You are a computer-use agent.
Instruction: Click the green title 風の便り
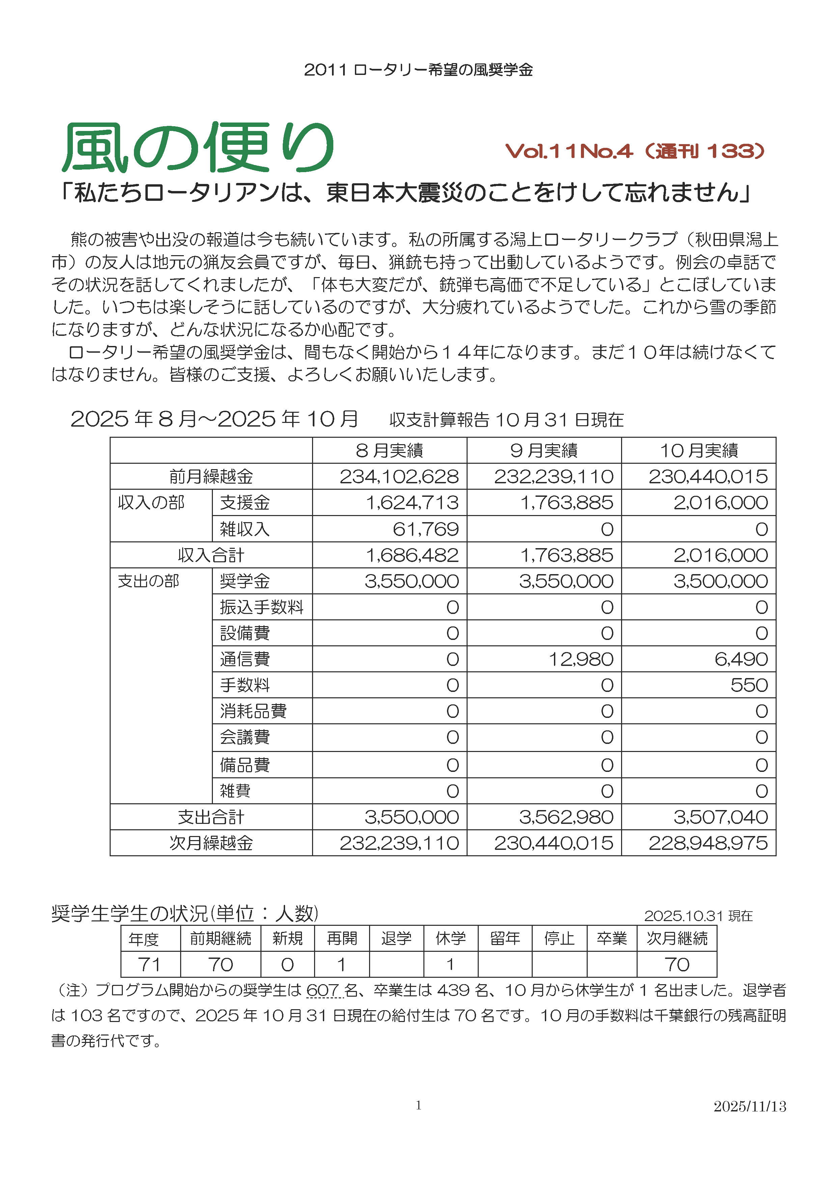198,147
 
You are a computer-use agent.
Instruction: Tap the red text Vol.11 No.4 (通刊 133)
635,151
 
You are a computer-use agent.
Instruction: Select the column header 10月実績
699,451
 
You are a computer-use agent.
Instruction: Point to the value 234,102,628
399,477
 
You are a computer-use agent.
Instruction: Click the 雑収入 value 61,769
426,529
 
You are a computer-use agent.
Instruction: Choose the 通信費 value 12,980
581,659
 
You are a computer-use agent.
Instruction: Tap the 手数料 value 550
749,685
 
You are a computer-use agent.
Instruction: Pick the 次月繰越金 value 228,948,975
708,843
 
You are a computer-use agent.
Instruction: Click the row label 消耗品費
253,711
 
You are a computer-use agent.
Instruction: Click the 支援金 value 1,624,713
412,503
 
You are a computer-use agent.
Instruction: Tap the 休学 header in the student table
450,938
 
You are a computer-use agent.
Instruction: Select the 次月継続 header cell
677,938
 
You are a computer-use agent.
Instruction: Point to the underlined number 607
323,990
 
